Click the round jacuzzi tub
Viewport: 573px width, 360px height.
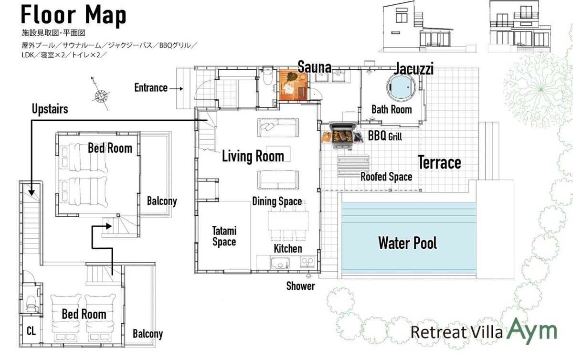(401, 87)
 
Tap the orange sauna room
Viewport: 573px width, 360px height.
(293, 85)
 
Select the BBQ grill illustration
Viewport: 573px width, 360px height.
(343, 136)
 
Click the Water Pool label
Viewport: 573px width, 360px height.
(407, 243)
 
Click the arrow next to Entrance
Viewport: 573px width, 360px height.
(176, 89)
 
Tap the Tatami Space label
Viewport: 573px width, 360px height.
(224, 236)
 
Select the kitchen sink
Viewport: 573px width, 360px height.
(280, 263)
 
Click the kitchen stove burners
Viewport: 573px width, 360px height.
(307, 262)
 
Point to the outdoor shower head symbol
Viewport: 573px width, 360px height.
(309, 276)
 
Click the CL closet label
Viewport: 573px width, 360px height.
(31, 331)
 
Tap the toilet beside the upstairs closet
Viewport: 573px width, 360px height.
(31, 304)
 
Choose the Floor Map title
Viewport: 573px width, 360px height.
(74, 15)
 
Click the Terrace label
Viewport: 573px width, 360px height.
(439, 162)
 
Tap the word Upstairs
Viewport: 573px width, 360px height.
(50, 109)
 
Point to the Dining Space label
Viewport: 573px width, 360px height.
(277, 201)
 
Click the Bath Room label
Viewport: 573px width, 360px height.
(392, 109)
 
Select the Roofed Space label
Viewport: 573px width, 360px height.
(386, 177)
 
